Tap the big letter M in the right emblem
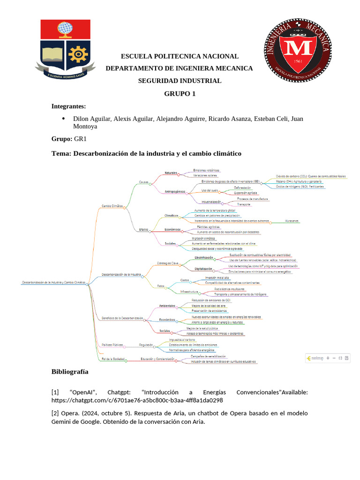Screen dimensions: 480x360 tap(294, 49)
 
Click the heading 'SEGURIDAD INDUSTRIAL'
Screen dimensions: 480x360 tap(180, 81)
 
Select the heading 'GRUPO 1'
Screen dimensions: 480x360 tap(180, 93)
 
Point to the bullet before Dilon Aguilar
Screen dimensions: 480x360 tap(63, 118)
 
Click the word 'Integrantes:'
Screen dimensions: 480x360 tap(68, 106)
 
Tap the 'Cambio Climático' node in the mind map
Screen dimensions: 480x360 tap(112, 205)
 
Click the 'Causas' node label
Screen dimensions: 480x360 tap(143, 182)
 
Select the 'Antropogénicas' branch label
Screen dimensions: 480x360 tap(175, 191)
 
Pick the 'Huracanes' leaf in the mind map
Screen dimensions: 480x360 tap(291, 221)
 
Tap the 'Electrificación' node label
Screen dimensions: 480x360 tap(203, 257)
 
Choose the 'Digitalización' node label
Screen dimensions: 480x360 tap(203, 269)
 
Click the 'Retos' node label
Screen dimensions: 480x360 tap(161, 285)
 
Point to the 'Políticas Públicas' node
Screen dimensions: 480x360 tap(112, 345)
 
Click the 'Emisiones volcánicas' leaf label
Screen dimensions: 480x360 tap(206, 170)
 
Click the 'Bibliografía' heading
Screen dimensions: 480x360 tap(70, 372)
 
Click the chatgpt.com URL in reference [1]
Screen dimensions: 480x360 tap(137, 400)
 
